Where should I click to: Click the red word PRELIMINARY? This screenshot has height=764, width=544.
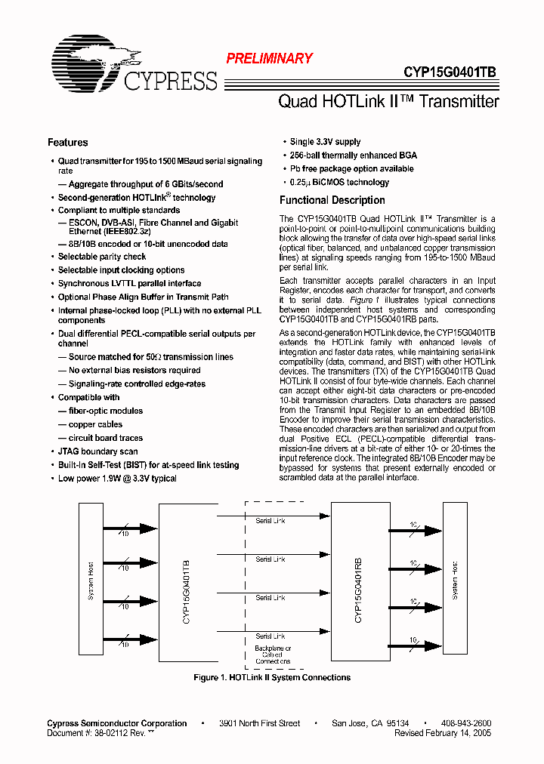270,58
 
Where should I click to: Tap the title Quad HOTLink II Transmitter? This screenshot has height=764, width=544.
388,101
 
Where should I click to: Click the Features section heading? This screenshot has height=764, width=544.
68,143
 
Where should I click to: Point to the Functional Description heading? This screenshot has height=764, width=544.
332,200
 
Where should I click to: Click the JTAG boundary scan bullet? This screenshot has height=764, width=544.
97,451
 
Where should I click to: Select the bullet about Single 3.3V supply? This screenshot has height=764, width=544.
325,142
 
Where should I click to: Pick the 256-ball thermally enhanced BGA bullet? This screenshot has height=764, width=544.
353,156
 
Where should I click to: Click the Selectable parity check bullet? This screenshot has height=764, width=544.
102,257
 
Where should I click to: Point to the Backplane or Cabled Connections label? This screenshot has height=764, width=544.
272,655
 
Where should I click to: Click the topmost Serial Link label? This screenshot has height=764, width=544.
270,521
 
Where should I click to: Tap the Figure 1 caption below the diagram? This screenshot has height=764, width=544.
272,678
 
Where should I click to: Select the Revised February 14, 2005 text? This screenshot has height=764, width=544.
443,733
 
